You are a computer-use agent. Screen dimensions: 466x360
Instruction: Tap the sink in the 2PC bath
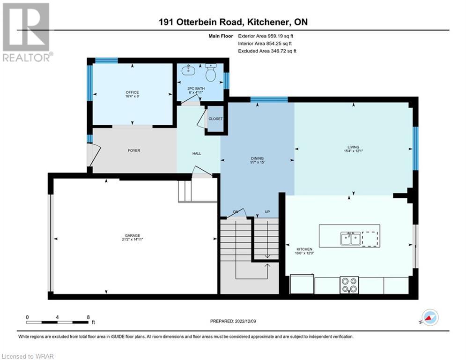click(x=188, y=71)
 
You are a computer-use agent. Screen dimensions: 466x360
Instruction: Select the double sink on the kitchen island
click(x=351, y=239)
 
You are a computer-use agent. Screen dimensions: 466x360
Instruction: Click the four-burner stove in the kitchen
click(x=349, y=285)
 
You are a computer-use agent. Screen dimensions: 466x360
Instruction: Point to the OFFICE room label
click(x=132, y=92)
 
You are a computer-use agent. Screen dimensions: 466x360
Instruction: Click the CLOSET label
click(x=215, y=119)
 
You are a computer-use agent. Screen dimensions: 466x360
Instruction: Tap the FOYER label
click(x=134, y=150)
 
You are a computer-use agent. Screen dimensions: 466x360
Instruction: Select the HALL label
click(x=197, y=154)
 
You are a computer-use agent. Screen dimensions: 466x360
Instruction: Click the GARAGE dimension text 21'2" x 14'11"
click(x=133, y=239)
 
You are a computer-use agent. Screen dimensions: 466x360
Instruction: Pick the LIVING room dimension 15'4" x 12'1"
click(x=353, y=151)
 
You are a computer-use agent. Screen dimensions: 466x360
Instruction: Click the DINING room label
click(x=258, y=158)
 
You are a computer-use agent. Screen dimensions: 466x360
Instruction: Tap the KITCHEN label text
click(x=304, y=249)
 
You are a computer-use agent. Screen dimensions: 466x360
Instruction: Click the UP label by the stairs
click(x=267, y=212)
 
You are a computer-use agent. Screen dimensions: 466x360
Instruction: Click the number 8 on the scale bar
click(x=88, y=317)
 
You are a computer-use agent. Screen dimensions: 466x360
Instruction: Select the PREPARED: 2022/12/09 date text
click(x=233, y=321)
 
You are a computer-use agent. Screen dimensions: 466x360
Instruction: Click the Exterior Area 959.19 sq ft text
click(x=266, y=36)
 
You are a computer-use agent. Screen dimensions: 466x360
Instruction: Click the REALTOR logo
click(x=26, y=32)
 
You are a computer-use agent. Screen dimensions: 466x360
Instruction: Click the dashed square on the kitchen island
click(x=370, y=239)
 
